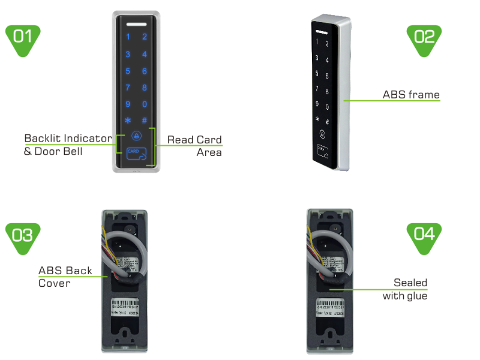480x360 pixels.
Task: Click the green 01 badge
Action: [23, 39]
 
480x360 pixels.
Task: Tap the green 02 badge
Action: [424, 39]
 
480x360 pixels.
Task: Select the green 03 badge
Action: [23, 237]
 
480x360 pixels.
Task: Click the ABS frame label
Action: [411, 95]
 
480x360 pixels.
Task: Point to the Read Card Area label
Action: [194, 146]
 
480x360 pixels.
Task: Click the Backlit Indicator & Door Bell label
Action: [67, 145]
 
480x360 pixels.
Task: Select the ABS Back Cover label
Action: [65, 277]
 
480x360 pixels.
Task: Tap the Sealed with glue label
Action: [406, 289]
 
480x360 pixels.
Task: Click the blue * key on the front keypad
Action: [128, 120]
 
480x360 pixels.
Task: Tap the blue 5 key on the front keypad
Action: [128, 71]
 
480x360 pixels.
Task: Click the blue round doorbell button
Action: [136, 136]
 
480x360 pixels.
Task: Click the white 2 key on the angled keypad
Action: [326, 44]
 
